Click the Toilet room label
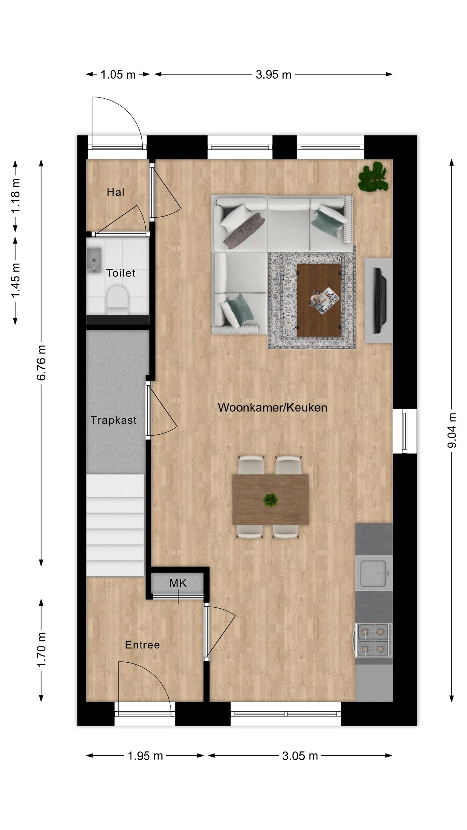[x=121, y=273]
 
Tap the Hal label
[x=115, y=192]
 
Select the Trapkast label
[x=114, y=420]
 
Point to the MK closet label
[x=178, y=583]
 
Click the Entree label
[x=142, y=645]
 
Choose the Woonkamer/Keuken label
[x=272, y=408]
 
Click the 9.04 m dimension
[x=452, y=431]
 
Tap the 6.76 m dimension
[x=42, y=363]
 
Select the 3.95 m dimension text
[x=274, y=75]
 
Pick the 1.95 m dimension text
[x=145, y=756]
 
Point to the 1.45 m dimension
[x=16, y=280]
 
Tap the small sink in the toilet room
[x=94, y=259]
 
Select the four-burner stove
[x=373, y=640]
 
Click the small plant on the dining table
[x=270, y=500]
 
